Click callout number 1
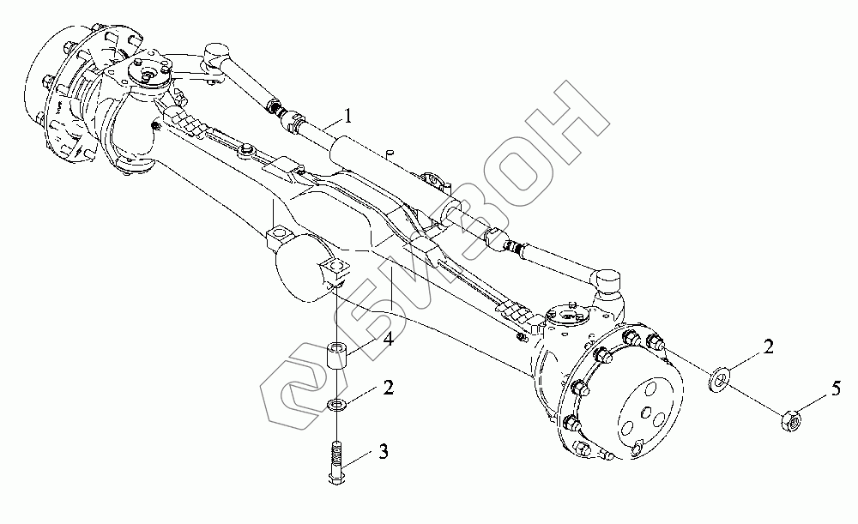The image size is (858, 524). pyautogui.click(x=347, y=112)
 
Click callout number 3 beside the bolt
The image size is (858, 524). pyautogui.click(x=384, y=450)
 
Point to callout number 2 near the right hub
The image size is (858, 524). pyautogui.click(x=769, y=346)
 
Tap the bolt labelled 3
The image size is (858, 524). pyautogui.click(x=336, y=462)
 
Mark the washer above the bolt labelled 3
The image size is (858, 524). pyautogui.click(x=337, y=404)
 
